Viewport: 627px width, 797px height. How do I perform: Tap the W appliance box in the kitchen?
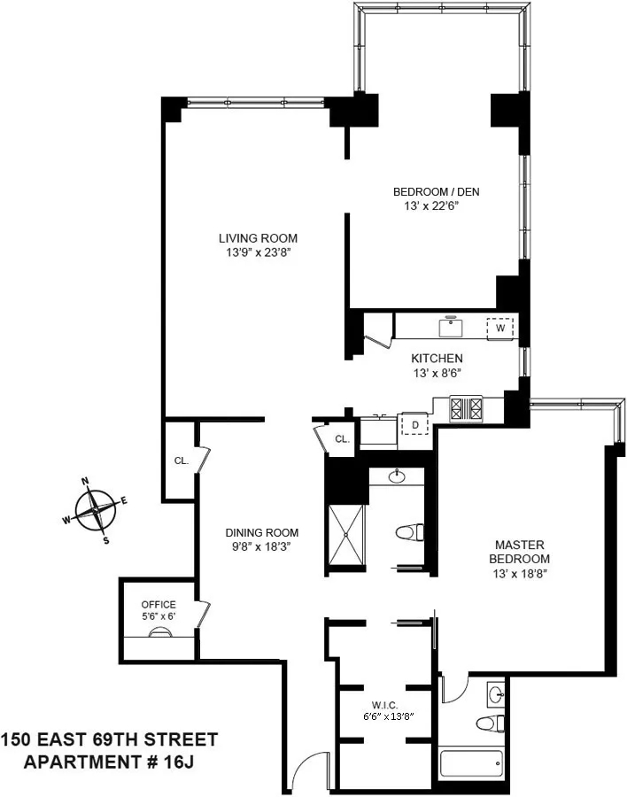pyautogui.click(x=500, y=328)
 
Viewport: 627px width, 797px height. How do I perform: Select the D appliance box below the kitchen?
pyautogui.click(x=414, y=426)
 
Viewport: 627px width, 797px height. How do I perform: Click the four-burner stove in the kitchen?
pyautogui.click(x=468, y=408)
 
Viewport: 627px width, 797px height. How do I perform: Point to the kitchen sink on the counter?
pyautogui.click(x=453, y=326)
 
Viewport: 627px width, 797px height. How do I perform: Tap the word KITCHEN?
pyautogui.click(x=437, y=359)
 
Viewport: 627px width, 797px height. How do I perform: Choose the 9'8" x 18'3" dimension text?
pyautogui.click(x=261, y=546)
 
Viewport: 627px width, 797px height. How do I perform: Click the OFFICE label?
pyautogui.click(x=159, y=605)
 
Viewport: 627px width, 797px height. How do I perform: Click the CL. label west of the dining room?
pyautogui.click(x=181, y=460)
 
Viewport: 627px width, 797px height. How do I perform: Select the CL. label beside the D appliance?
pyautogui.click(x=342, y=439)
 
